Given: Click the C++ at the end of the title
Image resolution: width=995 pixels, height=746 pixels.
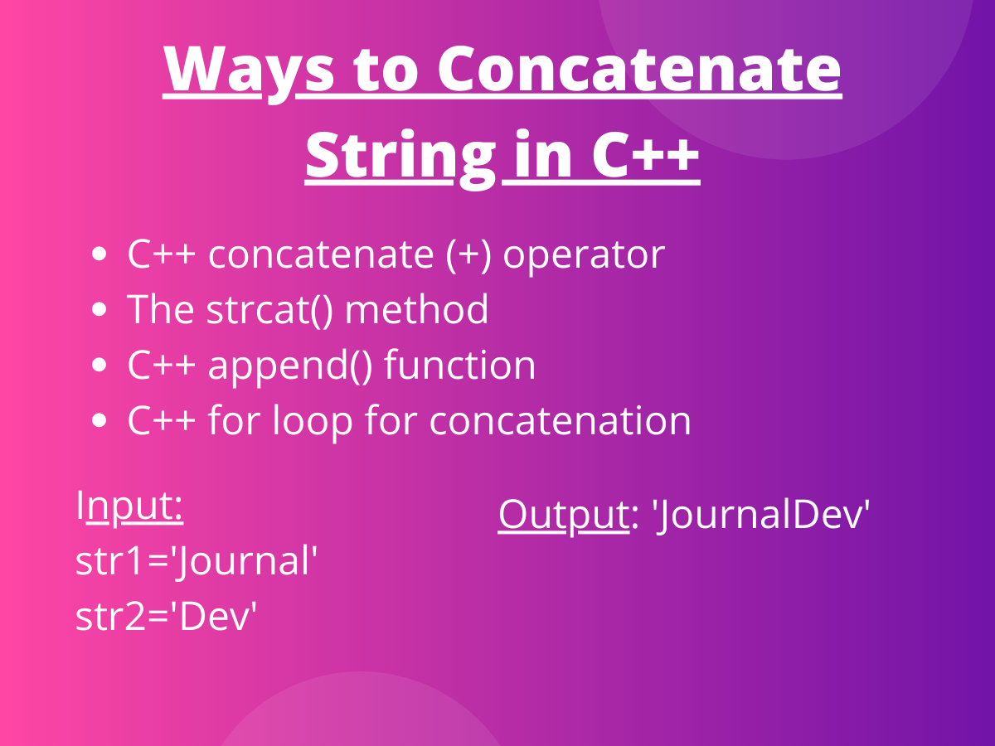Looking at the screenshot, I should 645,156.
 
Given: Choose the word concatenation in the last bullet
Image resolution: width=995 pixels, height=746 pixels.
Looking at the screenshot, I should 560,421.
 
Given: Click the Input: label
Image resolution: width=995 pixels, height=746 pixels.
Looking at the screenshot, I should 129,506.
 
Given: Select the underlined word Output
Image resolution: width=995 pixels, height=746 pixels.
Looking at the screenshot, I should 563,515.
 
